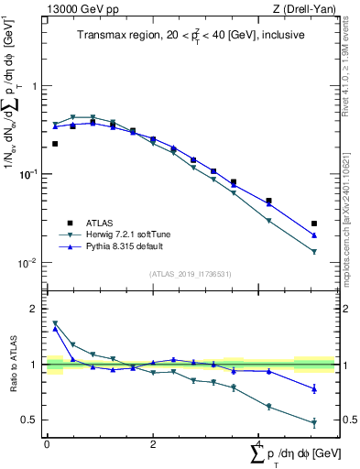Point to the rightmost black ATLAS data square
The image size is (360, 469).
pos(314,224)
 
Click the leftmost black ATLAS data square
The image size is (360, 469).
pos(55,144)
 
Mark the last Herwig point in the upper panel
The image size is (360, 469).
pos(314,252)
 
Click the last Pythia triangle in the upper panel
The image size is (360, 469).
pos(314,235)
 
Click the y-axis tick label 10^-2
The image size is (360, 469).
pos(28,263)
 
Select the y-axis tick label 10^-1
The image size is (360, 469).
pos(28,174)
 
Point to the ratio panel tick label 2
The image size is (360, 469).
pos(36,310)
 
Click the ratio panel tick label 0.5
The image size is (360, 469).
pos(32,420)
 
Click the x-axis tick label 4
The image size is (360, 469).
pos(258,444)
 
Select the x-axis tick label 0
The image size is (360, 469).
pos(47,444)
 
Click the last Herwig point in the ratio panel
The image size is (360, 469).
pos(314,422)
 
